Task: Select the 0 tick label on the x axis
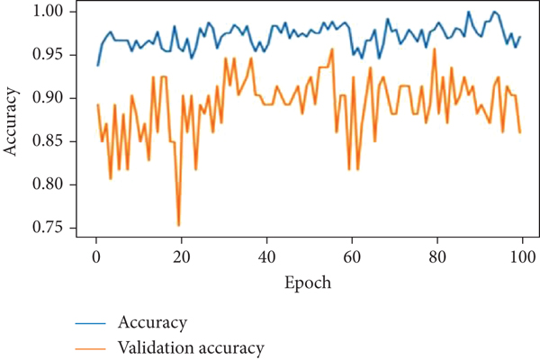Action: click(x=95, y=257)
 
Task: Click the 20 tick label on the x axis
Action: click(x=181, y=257)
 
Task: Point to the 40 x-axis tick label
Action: click(x=266, y=257)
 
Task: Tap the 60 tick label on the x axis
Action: click(x=351, y=257)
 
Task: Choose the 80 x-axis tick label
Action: click(x=436, y=257)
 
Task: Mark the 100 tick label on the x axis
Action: click(x=521, y=257)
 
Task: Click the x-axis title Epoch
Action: click(x=308, y=283)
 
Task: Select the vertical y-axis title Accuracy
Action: click(x=13, y=121)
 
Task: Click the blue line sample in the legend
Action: click(x=96, y=322)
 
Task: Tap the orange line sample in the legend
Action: click(x=96, y=346)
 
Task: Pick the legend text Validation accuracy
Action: click(x=191, y=346)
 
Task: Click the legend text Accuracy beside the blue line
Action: click(x=153, y=322)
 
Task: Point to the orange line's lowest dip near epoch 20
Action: click(x=178, y=225)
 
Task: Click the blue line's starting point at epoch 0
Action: click(x=97, y=65)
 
